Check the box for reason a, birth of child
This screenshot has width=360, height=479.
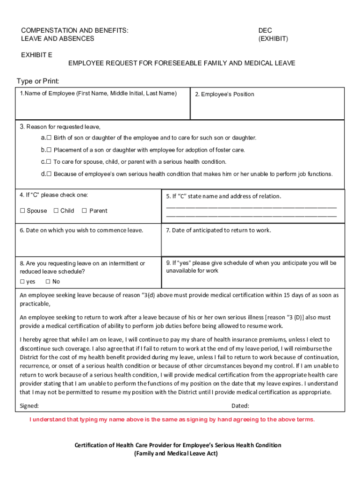pos(49,138)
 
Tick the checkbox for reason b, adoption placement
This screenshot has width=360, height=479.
pos(49,150)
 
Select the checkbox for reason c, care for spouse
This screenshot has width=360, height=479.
pos(49,162)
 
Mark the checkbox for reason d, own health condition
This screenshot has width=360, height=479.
pos(49,174)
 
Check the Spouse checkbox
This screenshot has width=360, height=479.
pos(22,210)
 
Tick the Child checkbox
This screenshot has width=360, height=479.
pos(56,210)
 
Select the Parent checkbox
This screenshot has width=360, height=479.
pos(84,210)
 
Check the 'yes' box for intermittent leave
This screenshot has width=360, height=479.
pos(22,282)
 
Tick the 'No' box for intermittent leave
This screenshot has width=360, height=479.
pos(48,282)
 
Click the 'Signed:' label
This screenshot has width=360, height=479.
pos(29,406)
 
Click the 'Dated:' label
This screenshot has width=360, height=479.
pos(240,406)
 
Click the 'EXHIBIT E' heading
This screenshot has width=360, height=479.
pos(36,55)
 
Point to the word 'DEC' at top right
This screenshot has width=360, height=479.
pos(265,30)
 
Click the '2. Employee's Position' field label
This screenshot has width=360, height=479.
pos(224,94)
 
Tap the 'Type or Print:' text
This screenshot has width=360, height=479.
pos(38,81)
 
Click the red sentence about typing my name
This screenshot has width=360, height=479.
pos(172,419)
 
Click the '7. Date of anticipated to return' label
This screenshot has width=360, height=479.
pos(218,230)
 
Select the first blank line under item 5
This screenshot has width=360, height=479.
pos(251,207)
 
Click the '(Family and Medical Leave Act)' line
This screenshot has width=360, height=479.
pos(178,453)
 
